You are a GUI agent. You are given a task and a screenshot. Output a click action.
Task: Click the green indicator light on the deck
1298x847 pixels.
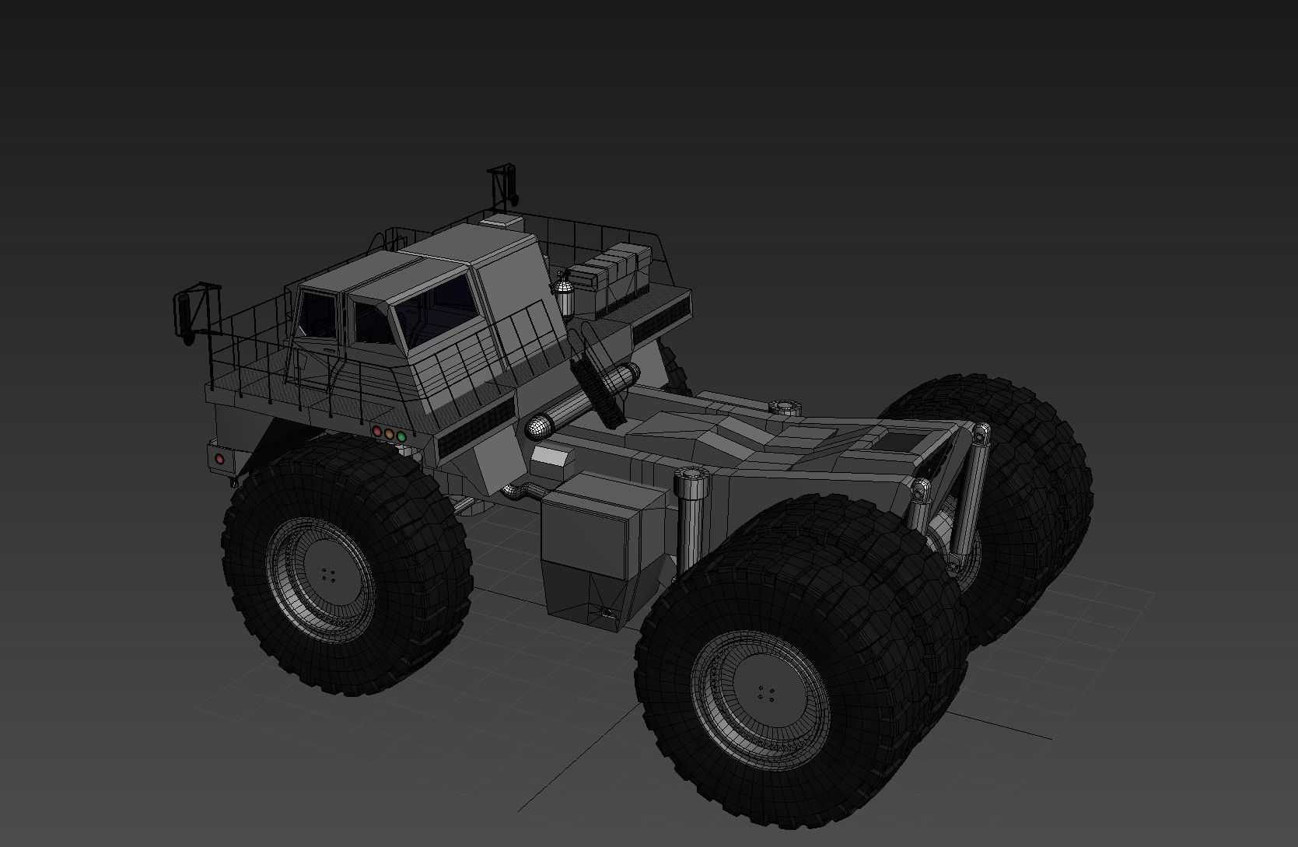(x=401, y=437)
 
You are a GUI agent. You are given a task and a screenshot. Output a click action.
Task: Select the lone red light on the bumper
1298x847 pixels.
(x=219, y=460)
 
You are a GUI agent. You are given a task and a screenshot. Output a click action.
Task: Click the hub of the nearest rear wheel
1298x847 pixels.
(x=766, y=693)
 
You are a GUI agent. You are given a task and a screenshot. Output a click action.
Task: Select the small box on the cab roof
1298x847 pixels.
(x=502, y=222)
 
